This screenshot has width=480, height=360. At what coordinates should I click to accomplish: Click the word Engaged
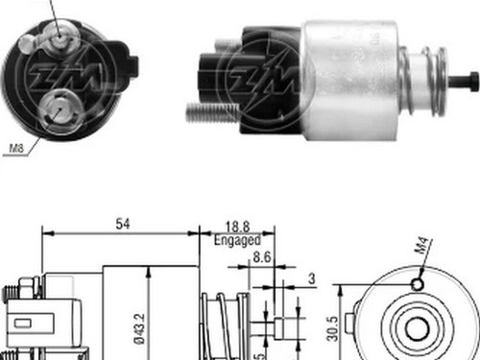point(236,240)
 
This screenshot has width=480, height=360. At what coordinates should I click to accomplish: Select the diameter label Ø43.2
point(139,326)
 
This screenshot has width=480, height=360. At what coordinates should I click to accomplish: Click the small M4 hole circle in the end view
point(416,284)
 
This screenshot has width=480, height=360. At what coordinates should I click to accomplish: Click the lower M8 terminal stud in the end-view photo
point(62,105)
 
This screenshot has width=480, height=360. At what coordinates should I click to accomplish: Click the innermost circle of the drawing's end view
point(416,328)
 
